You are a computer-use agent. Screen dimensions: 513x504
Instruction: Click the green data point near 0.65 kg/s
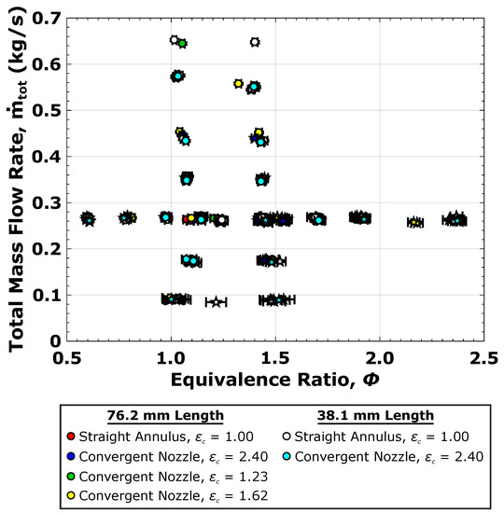point(183,43)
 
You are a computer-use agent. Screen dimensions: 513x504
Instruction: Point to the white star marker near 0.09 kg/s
point(217,302)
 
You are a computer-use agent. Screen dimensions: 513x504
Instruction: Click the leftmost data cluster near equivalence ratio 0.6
point(88,218)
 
